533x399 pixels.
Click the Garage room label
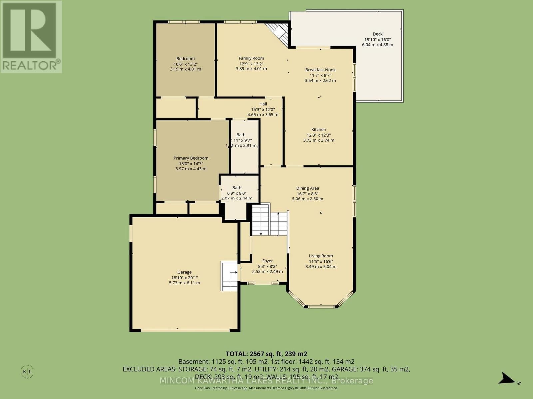184,272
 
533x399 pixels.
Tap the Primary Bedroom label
191,158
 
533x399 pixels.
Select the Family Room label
251,58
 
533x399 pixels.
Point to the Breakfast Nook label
320,70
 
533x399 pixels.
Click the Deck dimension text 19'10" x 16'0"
377,39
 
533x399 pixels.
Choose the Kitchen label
319,130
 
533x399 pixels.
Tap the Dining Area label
307,188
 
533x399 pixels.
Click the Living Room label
321,256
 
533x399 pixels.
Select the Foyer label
267,261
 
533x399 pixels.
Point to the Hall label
263,104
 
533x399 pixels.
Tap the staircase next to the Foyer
269,220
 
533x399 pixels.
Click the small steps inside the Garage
229,276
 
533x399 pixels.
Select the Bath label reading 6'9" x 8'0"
237,188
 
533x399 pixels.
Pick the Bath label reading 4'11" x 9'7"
241,135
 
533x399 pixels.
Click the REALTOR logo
31,37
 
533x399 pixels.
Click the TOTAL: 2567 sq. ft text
266,354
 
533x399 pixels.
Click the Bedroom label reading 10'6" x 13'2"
185,59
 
